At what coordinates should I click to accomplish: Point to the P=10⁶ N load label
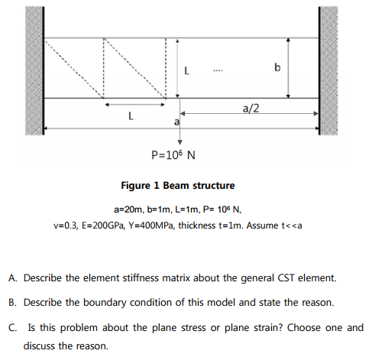pos(173,156)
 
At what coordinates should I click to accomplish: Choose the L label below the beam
pos(131,117)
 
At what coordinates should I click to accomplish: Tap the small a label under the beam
pos(176,122)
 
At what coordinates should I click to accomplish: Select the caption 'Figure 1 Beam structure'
pos(178,186)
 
